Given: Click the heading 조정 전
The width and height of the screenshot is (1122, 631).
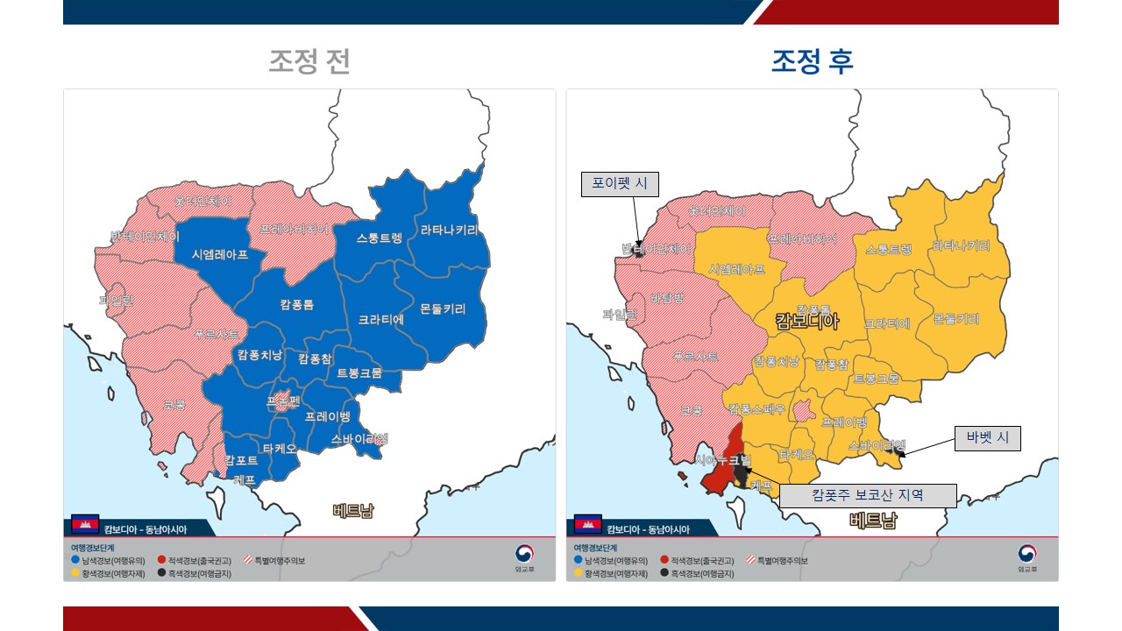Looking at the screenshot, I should point(309,61).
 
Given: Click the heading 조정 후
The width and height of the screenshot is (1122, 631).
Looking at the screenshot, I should point(812,61).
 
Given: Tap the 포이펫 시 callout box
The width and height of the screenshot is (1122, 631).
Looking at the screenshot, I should point(620,184).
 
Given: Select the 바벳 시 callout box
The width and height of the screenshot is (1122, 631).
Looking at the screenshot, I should point(987,437).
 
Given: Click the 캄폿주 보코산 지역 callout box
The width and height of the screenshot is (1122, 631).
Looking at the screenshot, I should point(867,495).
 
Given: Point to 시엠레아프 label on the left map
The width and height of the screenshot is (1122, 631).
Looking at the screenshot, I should point(220,254).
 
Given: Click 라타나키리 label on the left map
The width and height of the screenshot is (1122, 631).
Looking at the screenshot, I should point(450,230).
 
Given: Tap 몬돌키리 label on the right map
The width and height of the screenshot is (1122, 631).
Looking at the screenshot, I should point(955,318).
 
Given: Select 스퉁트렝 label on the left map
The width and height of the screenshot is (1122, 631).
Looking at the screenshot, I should point(379,238).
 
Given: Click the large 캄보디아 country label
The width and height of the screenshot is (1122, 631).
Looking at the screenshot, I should point(807,322).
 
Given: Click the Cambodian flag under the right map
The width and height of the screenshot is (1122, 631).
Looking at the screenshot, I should point(587,525).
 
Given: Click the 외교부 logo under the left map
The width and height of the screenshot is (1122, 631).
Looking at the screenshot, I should point(524,557).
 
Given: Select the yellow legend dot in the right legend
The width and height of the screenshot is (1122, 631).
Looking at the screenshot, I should point(579,573).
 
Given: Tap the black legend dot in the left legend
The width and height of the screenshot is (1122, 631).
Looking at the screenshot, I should point(162,573).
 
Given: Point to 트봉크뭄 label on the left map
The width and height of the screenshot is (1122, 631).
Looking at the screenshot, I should point(359,373).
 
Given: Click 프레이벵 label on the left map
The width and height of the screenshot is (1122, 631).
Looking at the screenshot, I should point(327,417).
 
